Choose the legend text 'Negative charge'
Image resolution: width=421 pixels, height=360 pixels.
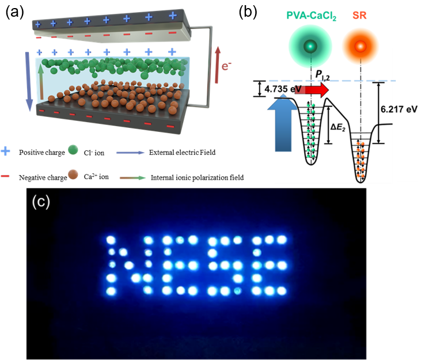44,177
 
